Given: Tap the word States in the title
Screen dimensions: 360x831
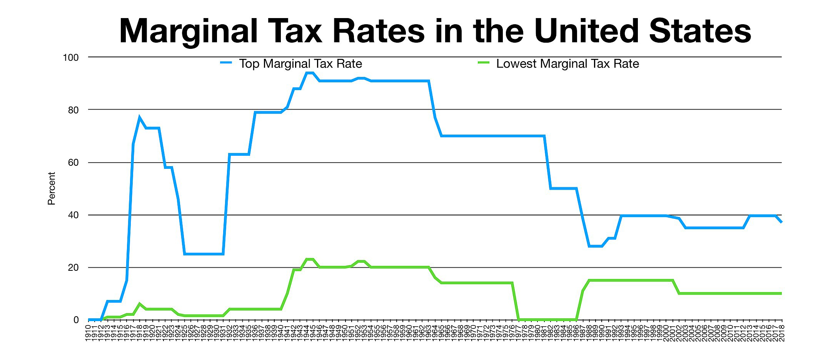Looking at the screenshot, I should click(700, 31).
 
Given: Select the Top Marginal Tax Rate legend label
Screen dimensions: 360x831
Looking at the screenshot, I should click(300, 63).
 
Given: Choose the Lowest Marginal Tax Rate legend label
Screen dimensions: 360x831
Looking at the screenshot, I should click(567, 63).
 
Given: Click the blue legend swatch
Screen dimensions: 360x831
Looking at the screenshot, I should click(226, 62).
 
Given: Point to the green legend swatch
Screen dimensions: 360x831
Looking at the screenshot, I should click(483, 62).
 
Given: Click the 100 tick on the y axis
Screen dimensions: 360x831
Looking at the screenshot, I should click(70, 58).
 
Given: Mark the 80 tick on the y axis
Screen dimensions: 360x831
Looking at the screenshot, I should click(73, 110).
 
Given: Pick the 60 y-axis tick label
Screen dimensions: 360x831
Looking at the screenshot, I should click(73, 163).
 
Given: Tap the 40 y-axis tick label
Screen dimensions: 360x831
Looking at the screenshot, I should click(73, 215).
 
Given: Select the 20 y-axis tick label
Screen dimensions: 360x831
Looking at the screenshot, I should click(73, 268).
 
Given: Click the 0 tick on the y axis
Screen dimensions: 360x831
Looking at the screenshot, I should click(76, 320).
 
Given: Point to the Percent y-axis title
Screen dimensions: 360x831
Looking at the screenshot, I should click(52, 188).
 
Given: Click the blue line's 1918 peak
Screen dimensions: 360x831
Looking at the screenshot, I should click(139, 117).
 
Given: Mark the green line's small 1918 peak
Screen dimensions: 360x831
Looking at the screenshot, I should click(139, 304).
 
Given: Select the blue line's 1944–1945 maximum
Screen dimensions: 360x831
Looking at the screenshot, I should click(310, 73).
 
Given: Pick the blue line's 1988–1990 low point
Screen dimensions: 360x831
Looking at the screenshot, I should click(595, 246).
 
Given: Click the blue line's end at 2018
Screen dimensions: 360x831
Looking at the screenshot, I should click(781, 222).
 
